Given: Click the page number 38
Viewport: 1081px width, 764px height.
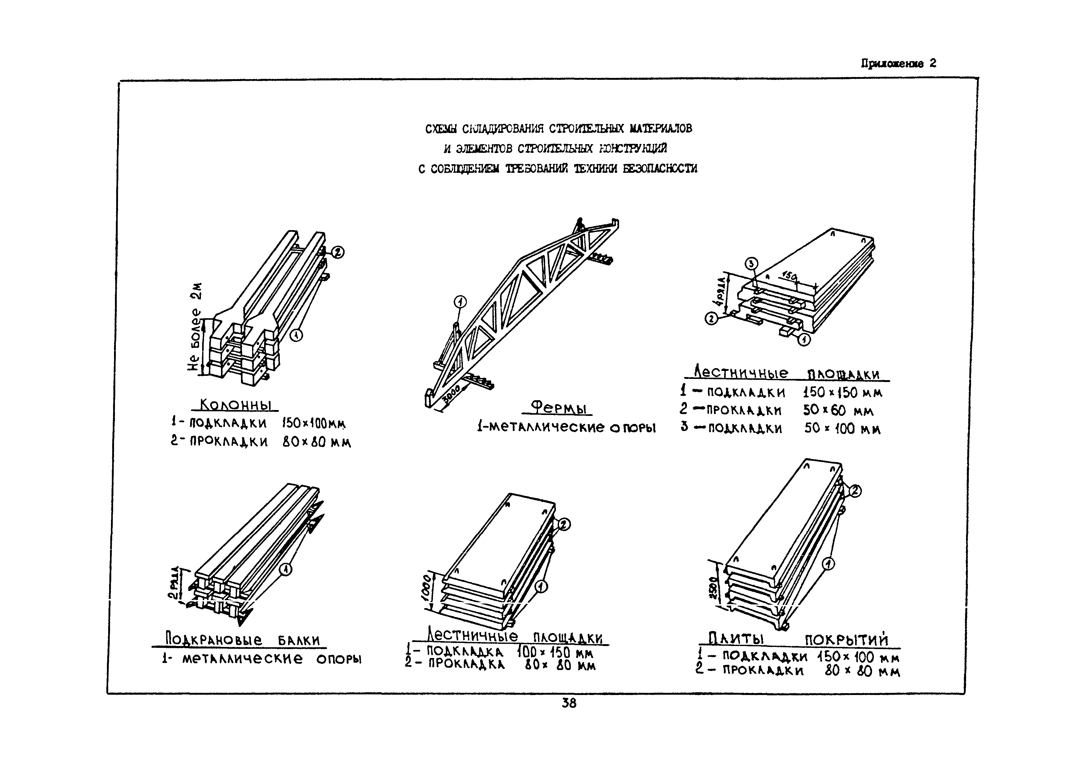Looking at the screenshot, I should pyautogui.click(x=569, y=703).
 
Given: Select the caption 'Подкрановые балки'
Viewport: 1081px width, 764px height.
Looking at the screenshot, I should pyautogui.click(x=243, y=640).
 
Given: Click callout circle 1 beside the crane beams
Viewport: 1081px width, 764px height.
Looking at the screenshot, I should pyautogui.click(x=285, y=570).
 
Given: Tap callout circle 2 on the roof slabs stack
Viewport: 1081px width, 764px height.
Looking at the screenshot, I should pyautogui.click(x=855, y=491).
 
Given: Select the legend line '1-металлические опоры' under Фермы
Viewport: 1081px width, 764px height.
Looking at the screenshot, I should pyautogui.click(x=566, y=427).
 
